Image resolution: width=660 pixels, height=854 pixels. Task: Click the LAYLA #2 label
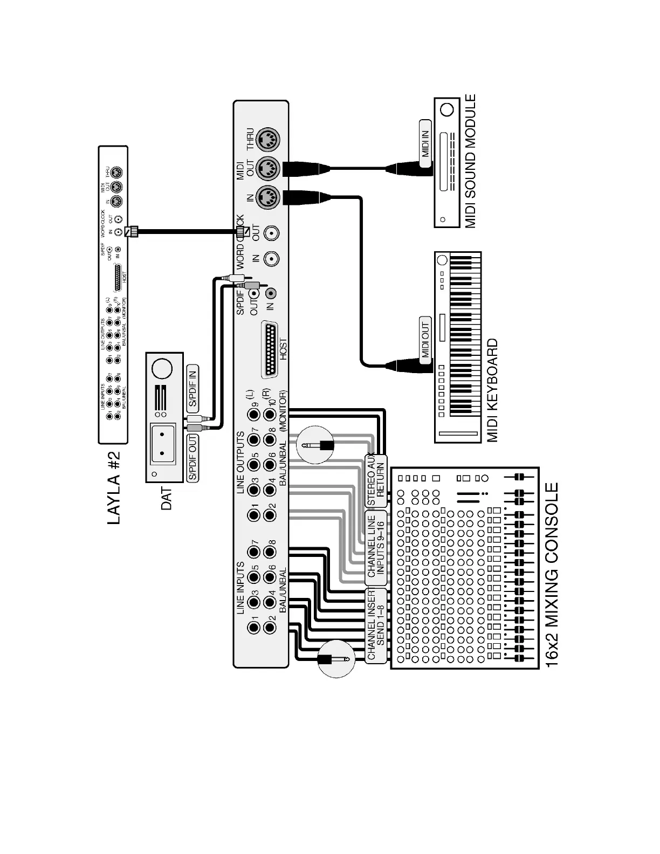point(114,487)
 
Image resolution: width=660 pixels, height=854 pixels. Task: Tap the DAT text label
point(167,499)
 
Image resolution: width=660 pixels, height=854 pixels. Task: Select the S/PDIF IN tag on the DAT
point(192,387)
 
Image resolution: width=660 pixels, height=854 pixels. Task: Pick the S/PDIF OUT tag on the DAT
point(192,458)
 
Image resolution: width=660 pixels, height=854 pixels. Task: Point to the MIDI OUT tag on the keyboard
point(425,338)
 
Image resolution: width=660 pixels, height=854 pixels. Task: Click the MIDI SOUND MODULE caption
point(470,161)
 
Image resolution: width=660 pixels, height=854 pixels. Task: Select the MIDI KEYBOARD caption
point(493,390)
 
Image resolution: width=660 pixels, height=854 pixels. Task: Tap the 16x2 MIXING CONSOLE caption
point(552,575)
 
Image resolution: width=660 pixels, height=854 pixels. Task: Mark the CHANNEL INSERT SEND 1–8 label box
point(376,625)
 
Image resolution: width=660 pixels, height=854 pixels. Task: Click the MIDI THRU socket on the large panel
point(267,140)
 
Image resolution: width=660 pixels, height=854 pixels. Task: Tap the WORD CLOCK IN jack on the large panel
point(270,258)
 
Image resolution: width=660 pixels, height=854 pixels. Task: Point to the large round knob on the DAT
point(162,369)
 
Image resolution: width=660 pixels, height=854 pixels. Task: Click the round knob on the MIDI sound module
point(446,110)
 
